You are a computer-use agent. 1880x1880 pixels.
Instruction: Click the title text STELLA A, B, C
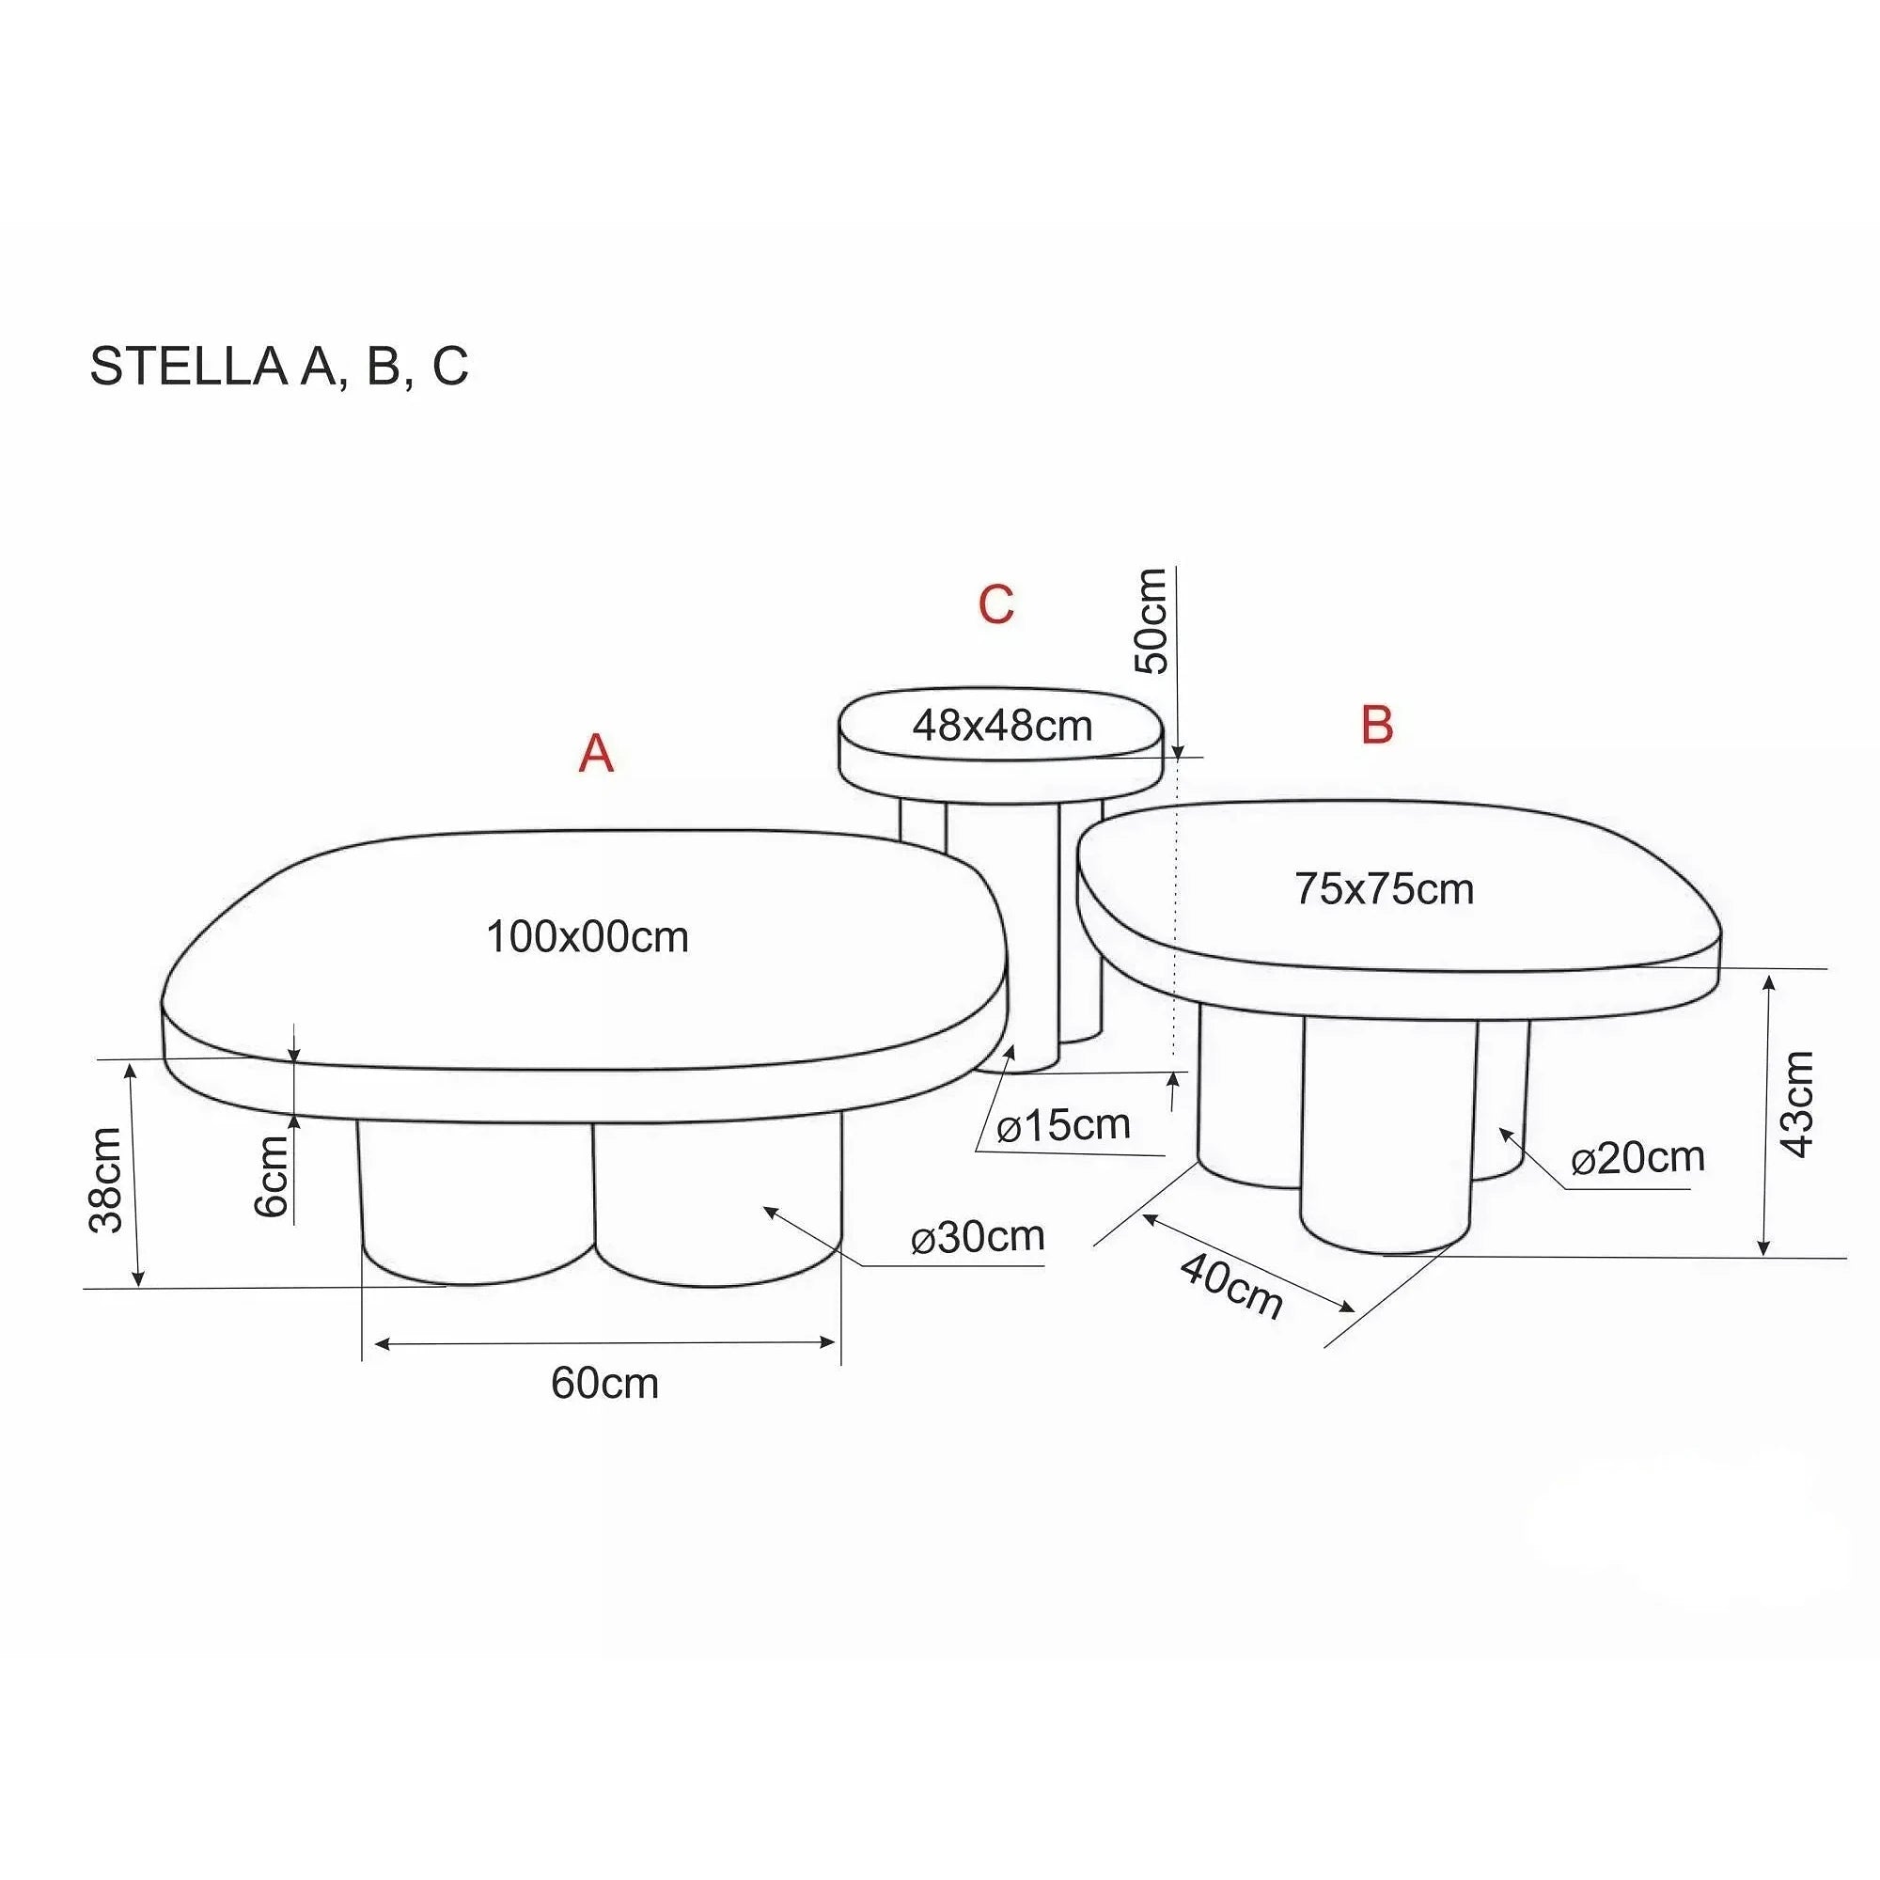[279, 366]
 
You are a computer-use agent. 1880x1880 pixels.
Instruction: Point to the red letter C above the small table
[995, 604]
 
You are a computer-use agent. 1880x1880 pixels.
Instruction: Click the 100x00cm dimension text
[587, 937]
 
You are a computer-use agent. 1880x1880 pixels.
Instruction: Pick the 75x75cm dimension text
[1384, 888]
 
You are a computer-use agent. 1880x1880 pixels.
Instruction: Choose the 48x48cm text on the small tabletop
[1002, 726]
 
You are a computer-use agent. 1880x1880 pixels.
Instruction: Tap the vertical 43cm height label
[1796, 1104]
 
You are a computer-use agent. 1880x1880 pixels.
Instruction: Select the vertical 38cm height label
[106, 1181]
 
